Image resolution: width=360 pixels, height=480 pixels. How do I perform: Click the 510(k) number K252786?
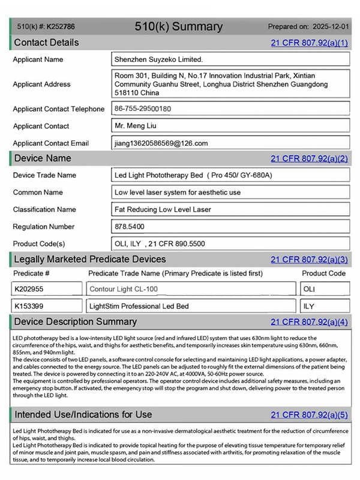click(x=61, y=26)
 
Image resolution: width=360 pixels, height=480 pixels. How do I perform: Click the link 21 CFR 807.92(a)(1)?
click(x=309, y=43)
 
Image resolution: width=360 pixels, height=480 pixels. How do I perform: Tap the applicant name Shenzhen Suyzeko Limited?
click(x=159, y=59)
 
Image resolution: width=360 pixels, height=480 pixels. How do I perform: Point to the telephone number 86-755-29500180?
click(x=143, y=109)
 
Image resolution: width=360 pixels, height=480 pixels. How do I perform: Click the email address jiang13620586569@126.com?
click(x=161, y=143)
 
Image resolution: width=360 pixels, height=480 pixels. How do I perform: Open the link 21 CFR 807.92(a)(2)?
click(x=309, y=158)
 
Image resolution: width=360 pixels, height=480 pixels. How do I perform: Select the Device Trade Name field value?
click(x=193, y=175)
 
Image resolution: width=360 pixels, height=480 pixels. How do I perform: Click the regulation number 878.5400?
click(x=130, y=227)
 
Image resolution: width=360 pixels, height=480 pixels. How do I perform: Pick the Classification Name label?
click(x=44, y=209)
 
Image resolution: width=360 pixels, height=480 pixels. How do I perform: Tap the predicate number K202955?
click(x=29, y=289)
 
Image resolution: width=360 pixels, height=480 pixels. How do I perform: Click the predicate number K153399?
click(x=29, y=306)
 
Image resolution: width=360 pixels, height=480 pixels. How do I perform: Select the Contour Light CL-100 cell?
click(x=124, y=289)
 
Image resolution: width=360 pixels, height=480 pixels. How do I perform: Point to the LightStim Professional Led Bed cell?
click(x=139, y=306)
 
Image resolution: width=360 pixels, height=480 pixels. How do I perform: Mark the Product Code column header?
click(x=323, y=273)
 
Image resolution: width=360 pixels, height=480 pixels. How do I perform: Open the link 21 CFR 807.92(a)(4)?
click(x=309, y=322)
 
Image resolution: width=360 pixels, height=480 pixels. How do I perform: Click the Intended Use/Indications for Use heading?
click(x=83, y=414)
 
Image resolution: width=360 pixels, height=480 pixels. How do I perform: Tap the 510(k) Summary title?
click(x=179, y=26)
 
